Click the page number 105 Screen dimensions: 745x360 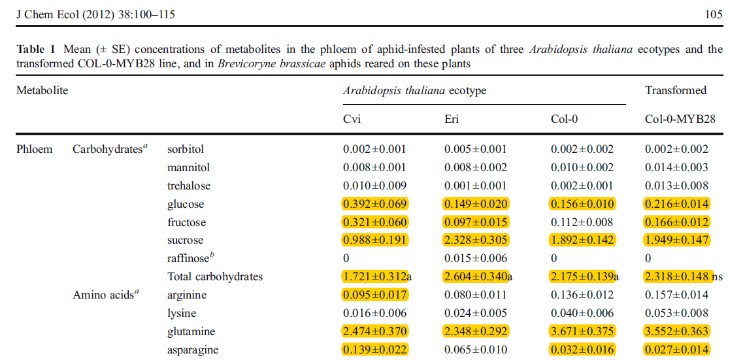pos(714,15)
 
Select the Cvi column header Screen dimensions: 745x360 pos(352,119)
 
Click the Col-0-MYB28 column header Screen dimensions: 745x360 pos(680,119)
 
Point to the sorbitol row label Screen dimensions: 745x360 pos(186,149)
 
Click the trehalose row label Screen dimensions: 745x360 pos(189,186)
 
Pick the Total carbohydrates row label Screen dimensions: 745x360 pos(215,276)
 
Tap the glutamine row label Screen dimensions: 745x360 pos(190,331)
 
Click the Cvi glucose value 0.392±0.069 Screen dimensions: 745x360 pos(374,205)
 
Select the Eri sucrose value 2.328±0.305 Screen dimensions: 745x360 pos(476,240)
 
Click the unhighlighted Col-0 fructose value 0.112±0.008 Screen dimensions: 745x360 pos(582,222)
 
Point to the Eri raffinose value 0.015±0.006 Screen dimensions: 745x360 pos(476,258)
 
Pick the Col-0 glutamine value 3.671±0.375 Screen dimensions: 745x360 pos(582,331)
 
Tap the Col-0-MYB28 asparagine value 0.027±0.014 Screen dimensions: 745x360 pos(676,350)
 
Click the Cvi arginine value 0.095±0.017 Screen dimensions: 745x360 pos(374,295)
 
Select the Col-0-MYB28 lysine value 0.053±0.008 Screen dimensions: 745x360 pos(676,313)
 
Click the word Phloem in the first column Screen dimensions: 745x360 pos(34,149)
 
